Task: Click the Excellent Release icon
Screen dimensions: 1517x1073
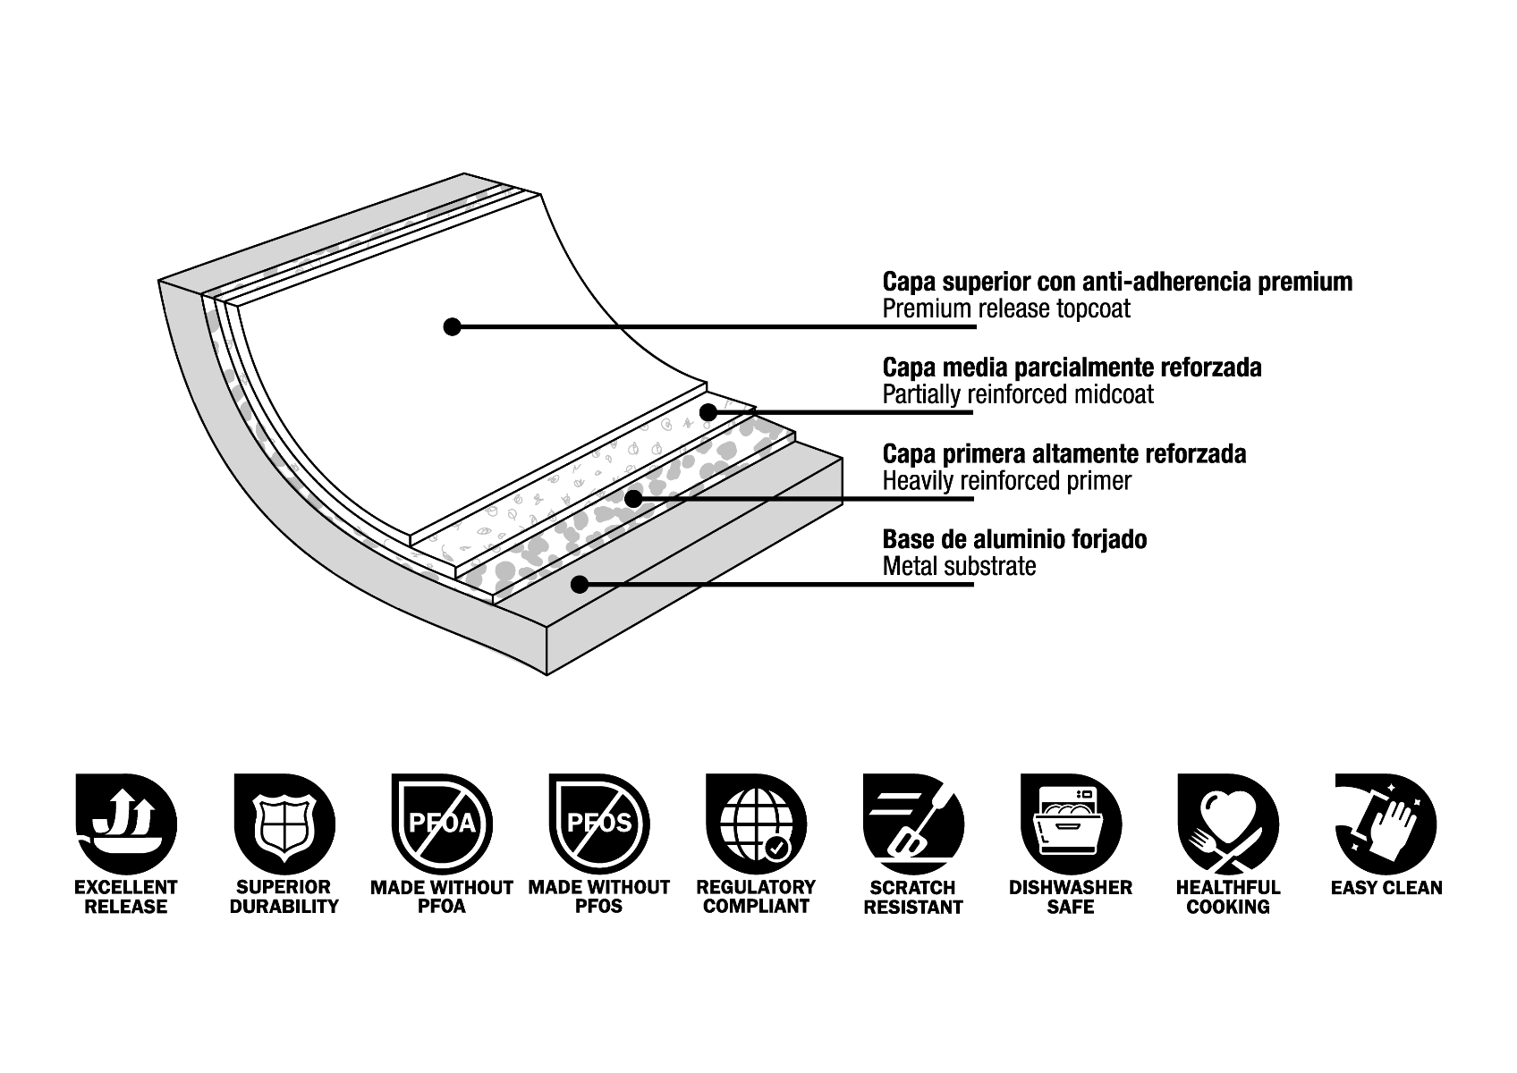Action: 126,824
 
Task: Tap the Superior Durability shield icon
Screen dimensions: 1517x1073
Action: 284,824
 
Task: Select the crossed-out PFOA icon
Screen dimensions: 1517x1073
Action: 441,824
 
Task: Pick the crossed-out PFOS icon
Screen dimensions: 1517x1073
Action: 598,824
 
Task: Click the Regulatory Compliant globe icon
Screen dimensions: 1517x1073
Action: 756,824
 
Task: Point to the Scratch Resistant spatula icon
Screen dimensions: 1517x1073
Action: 913,824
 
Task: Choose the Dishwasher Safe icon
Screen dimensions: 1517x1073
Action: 1071,824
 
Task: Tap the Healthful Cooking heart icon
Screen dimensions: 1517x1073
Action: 1228,824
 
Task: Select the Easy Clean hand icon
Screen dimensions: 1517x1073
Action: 1386,824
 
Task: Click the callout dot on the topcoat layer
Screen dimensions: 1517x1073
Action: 453,326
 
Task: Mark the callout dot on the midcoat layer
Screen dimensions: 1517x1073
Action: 708,412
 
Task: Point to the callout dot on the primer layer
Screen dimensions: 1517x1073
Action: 633,498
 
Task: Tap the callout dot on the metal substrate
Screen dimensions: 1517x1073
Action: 580,585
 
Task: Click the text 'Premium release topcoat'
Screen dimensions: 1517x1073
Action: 1006,309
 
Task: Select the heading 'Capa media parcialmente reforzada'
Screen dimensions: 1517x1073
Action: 1072,368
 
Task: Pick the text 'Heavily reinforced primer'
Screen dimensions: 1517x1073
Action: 1007,481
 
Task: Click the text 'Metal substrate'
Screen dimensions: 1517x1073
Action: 959,566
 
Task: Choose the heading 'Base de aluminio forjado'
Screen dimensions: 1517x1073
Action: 1014,539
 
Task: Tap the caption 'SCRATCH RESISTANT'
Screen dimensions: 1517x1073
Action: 913,897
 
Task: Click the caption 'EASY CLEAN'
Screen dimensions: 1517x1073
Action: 1386,888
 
